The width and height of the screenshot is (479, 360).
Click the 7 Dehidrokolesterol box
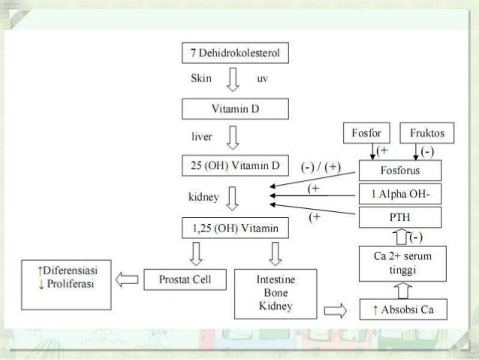click(x=236, y=54)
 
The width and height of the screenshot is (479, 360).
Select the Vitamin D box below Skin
click(x=236, y=110)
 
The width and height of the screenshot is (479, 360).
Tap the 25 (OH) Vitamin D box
click(x=236, y=164)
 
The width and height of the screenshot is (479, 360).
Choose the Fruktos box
click(x=423, y=134)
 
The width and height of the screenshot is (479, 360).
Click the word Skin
click(x=202, y=77)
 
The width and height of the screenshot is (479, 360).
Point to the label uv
click(x=263, y=78)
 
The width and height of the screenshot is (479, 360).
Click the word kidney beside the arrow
click(x=201, y=198)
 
